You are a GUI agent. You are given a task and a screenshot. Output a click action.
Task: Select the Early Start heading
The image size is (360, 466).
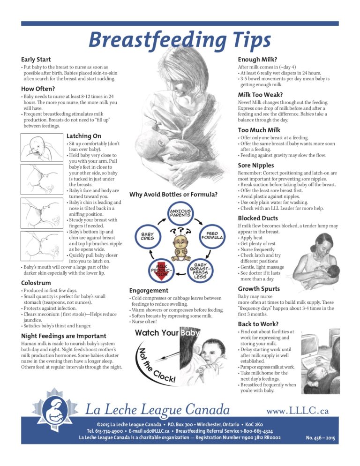(36, 60)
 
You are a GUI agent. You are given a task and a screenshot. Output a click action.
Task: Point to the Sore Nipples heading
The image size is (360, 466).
(255, 165)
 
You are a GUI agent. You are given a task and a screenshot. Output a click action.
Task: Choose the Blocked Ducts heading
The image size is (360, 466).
(258, 218)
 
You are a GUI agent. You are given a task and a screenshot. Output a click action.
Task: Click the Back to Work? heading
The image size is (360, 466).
(258, 324)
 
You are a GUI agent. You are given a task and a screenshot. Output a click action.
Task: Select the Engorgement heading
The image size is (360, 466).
(149, 291)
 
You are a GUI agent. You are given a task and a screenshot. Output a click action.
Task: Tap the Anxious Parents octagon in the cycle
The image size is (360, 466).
(180, 214)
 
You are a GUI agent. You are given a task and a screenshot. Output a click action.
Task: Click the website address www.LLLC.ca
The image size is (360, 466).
(297, 411)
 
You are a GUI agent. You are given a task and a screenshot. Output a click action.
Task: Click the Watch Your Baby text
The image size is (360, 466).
(167, 333)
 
